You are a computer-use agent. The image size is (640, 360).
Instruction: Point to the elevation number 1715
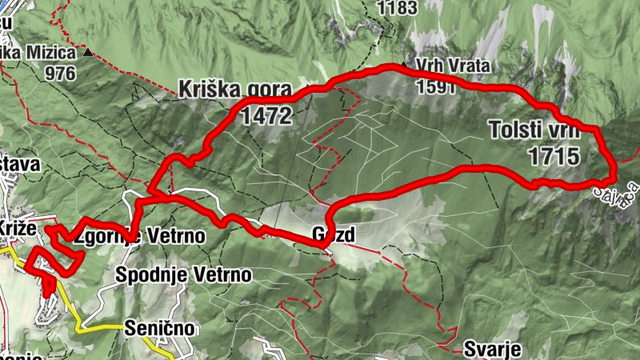(553, 156)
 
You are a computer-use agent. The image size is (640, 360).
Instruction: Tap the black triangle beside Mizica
(89, 54)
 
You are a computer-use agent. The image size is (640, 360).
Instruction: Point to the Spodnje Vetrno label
(183, 275)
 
